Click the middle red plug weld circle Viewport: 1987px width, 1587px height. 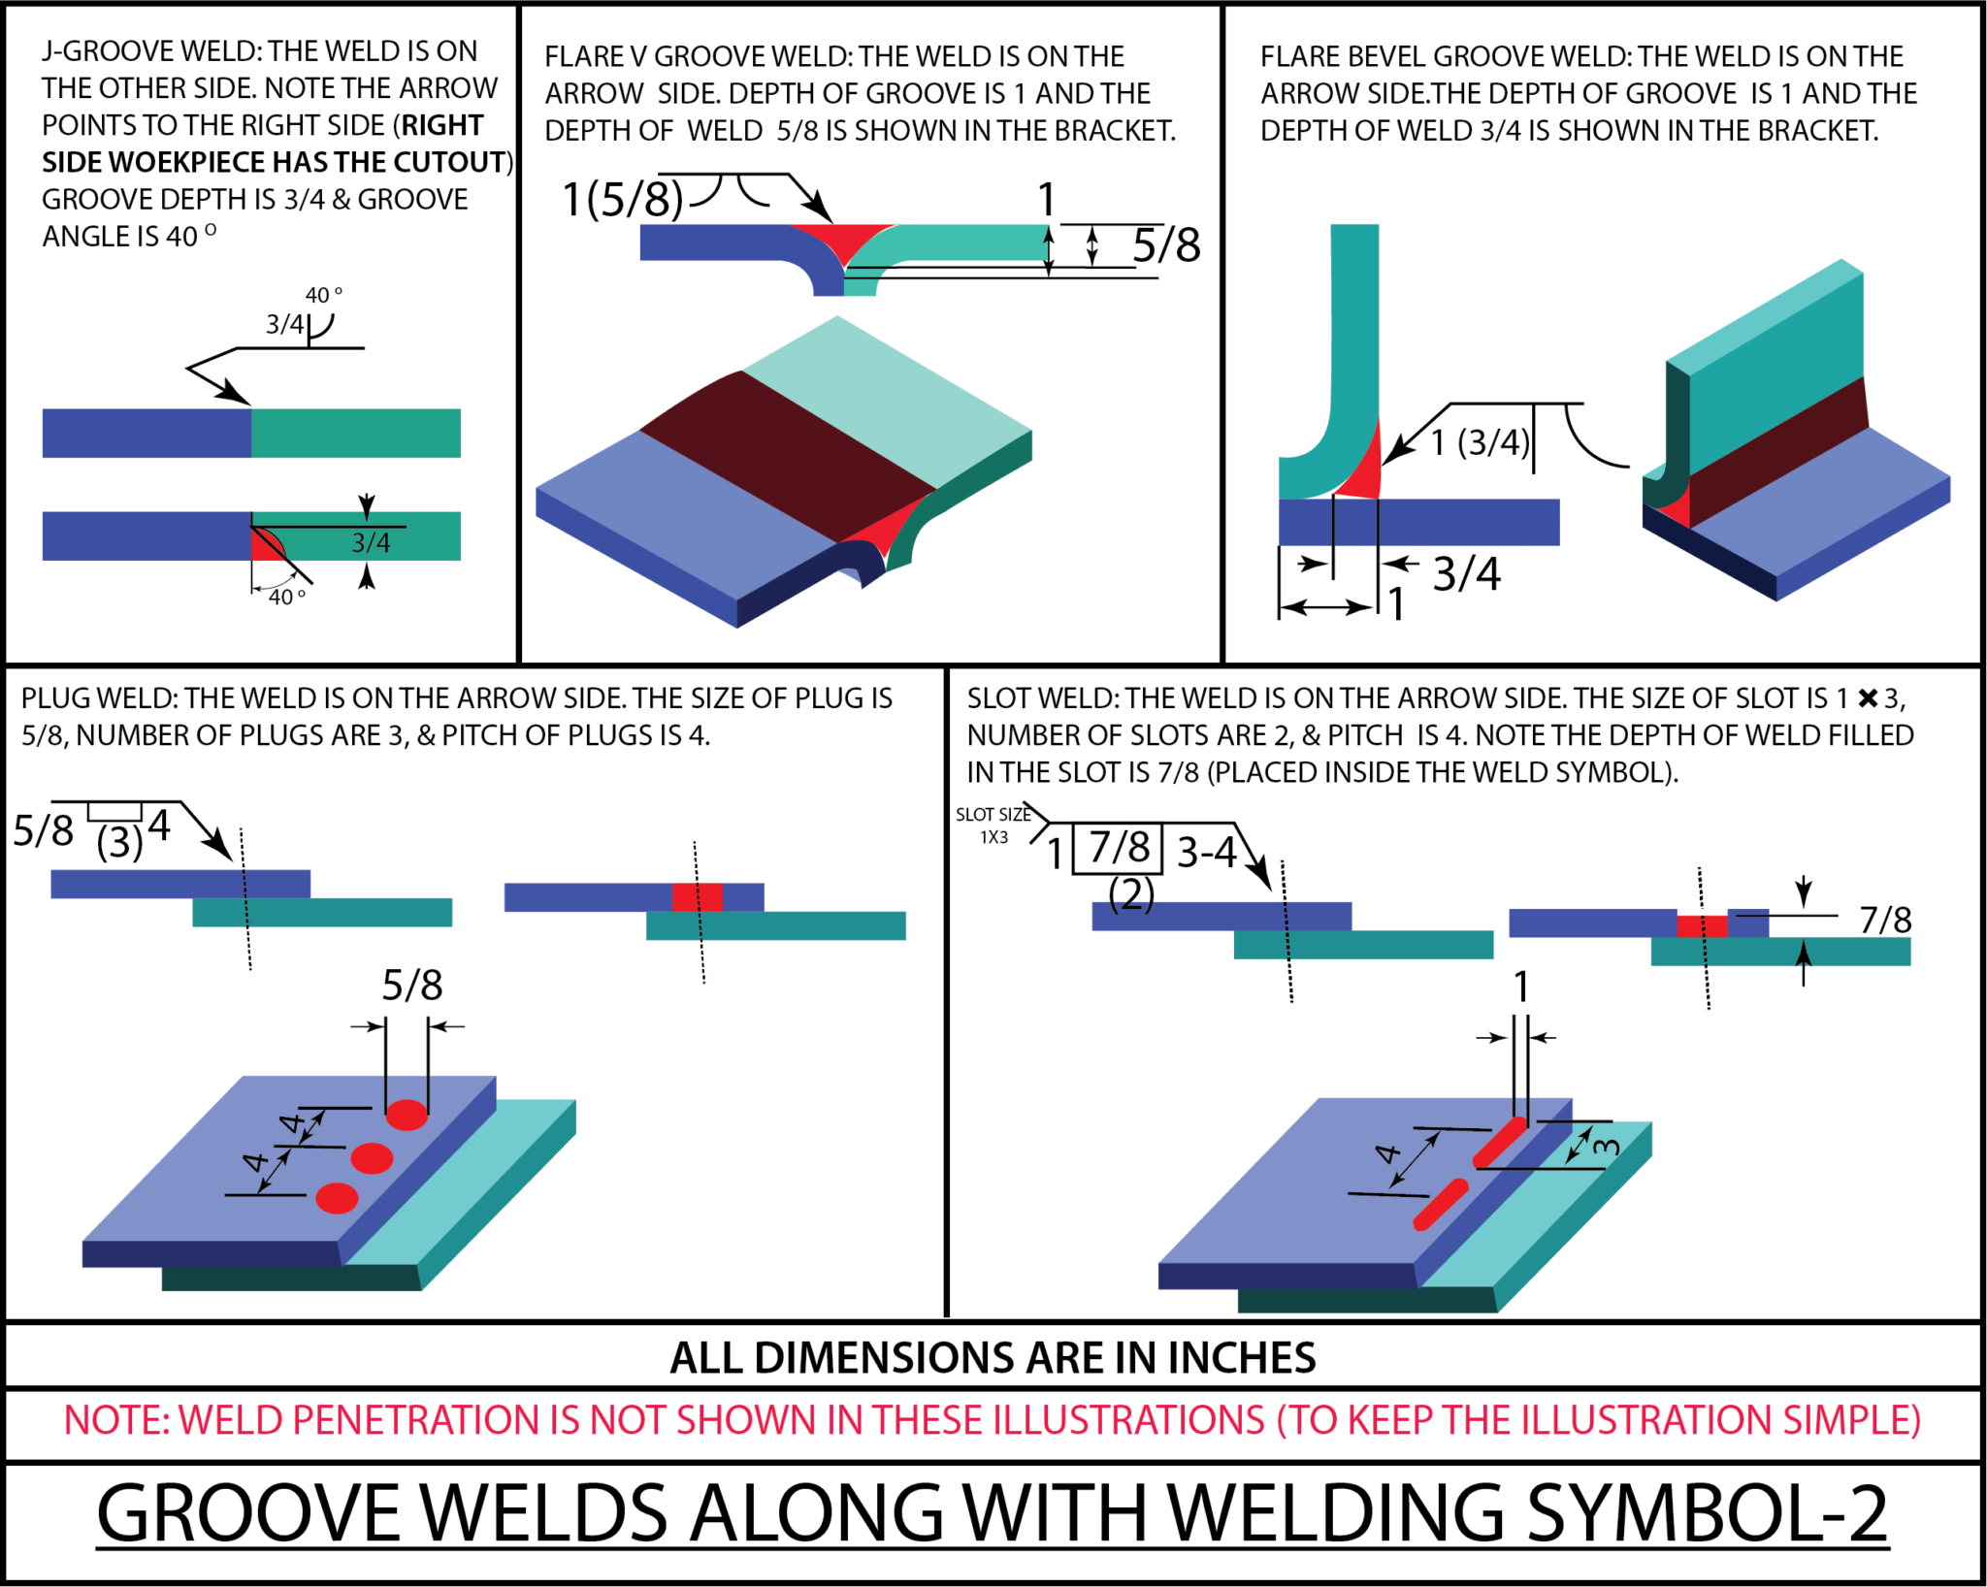coord(372,1157)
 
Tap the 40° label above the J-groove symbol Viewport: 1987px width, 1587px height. coord(324,295)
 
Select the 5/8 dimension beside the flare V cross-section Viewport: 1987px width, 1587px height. coord(1166,245)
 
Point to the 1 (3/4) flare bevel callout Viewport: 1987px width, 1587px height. coord(1481,442)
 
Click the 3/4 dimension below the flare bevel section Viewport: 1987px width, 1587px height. coord(1466,574)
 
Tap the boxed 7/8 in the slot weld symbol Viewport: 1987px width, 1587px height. coord(1119,848)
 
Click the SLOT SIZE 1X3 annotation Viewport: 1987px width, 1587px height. coord(993,826)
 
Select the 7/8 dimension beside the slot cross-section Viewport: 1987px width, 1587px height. coord(1885,920)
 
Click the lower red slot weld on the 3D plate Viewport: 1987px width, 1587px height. coord(1441,1204)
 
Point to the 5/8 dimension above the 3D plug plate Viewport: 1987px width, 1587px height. coord(411,987)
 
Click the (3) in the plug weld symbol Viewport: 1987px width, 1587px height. coord(119,842)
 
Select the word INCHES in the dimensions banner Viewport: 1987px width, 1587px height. coord(1242,1358)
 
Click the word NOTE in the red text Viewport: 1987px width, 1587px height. coord(114,1420)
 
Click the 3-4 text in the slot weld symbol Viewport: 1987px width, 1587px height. coord(1206,853)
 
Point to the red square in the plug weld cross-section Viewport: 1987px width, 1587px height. coord(698,896)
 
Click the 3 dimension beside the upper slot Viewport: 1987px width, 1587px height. coord(1606,1147)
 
